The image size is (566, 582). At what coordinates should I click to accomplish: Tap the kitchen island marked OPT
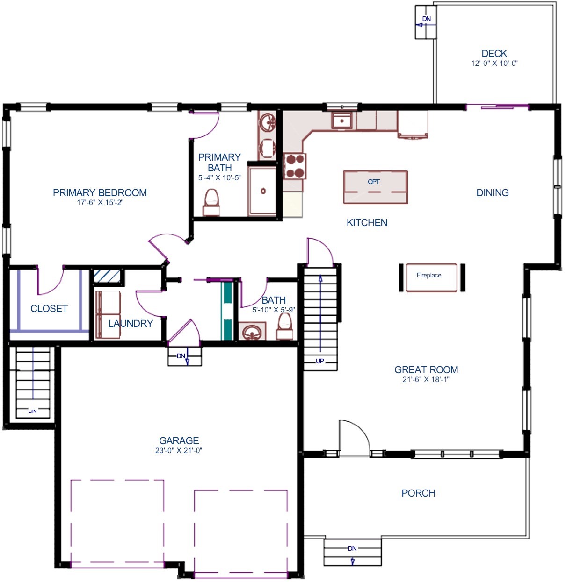[375, 187]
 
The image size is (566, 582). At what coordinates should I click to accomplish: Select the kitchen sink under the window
[343, 121]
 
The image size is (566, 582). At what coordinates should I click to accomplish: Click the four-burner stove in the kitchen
[295, 166]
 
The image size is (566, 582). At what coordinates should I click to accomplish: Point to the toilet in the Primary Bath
[211, 202]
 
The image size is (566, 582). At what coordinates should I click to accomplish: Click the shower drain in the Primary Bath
[263, 191]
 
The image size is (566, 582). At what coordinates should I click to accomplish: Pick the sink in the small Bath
[252, 332]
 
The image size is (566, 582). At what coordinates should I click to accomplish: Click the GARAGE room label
[179, 440]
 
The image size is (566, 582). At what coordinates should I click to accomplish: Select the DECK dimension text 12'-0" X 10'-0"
[494, 64]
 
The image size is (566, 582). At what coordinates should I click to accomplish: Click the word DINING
[492, 192]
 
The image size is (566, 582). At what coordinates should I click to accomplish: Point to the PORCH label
[418, 493]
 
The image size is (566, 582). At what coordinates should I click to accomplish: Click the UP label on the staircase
[320, 361]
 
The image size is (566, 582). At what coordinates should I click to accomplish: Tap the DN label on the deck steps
[427, 19]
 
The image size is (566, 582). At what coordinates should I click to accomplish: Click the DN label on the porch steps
[352, 548]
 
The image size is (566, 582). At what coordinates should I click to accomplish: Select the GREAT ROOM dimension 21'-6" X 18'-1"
[426, 380]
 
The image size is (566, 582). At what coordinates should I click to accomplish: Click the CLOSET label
[49, 308]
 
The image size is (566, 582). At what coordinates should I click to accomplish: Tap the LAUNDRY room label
[131, 323]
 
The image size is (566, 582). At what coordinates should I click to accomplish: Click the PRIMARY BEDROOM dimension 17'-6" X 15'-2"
[100, 203]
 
